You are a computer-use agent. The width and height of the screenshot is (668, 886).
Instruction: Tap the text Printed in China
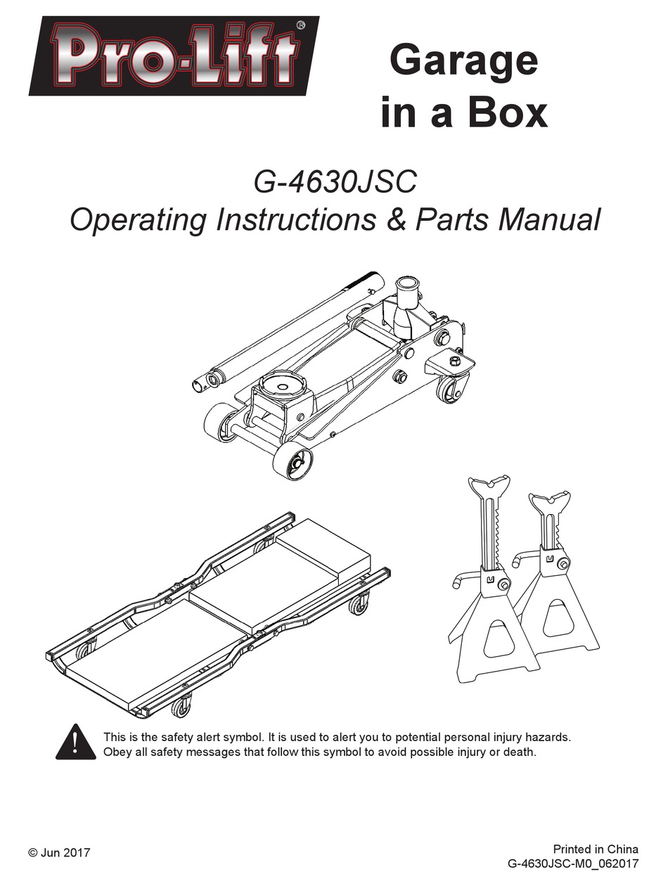(x=596, y=849)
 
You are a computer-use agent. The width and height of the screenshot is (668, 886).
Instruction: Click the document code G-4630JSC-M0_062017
(x=572, y=863)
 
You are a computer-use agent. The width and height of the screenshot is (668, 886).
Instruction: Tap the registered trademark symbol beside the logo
(x=301, y=25)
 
